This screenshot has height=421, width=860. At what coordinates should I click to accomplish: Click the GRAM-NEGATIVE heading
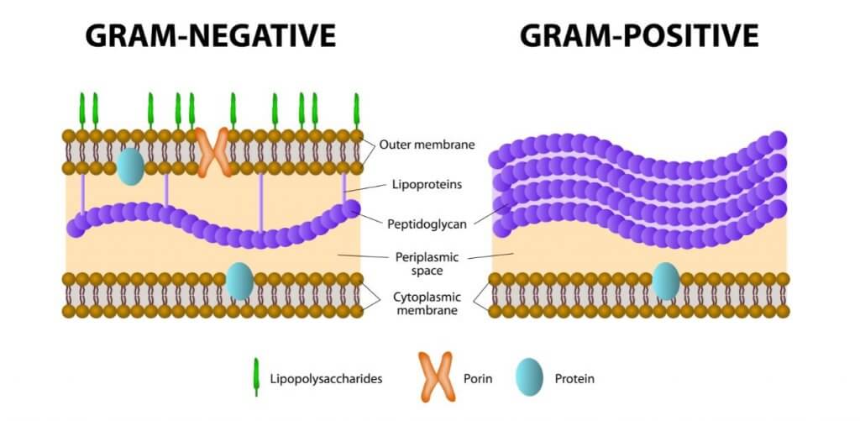210,34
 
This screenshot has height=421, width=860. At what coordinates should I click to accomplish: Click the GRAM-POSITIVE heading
639,34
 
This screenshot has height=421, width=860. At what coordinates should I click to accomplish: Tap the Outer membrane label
427,145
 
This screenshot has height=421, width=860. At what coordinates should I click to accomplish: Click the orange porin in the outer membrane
213,152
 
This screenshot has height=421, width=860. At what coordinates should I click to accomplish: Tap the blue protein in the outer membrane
130,166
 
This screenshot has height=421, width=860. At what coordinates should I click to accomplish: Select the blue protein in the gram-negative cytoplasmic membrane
239,281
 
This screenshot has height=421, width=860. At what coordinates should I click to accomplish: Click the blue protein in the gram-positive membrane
666,281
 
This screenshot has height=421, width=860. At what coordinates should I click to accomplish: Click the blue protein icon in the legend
529,378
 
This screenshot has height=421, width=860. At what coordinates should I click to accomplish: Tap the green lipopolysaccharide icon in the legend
255,378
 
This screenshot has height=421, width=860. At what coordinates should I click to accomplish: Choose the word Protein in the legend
574,379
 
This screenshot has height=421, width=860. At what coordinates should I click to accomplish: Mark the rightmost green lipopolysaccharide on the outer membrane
356,110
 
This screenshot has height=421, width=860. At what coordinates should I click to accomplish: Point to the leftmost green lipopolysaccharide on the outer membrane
82,110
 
